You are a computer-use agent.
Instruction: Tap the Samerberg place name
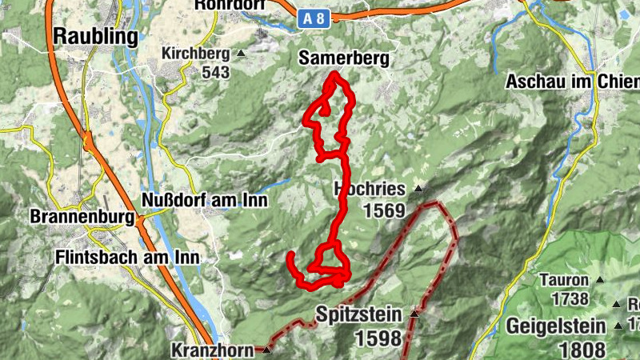pos(344,58)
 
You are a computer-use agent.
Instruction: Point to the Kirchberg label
pos(195,54)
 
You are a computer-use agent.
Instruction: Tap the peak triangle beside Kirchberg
pos(242,54)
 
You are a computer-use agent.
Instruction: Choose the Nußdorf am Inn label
pos(204,200)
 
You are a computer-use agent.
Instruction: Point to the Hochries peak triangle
pos(417,190)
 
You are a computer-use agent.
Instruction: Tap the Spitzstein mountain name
pos(359,314)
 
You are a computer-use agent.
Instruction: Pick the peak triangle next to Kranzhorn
pos(266,350)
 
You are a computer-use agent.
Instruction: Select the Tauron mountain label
pos(563,281)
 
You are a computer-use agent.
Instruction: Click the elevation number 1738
pos(570,299)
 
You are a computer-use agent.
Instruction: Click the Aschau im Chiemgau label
pos(573,82)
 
